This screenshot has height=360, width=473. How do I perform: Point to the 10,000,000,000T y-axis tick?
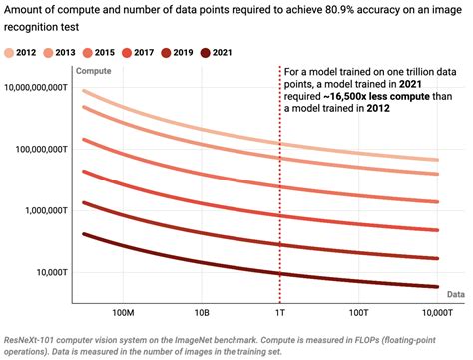(37, 87)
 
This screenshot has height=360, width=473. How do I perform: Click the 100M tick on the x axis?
(122, 311)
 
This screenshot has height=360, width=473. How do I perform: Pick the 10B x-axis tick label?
(201, 311)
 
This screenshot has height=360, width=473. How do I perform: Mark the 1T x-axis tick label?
(279, 311)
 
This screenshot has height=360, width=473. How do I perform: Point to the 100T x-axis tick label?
(357, 311)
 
